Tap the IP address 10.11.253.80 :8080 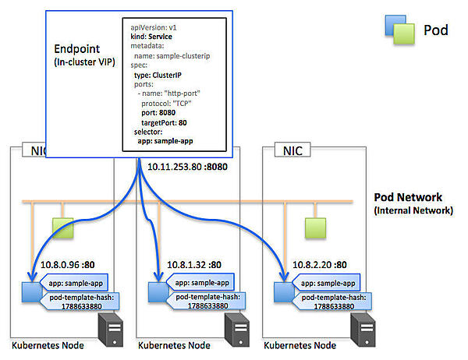(x=185, y=166)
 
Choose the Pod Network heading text (x=409, y=197)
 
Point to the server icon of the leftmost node (x=112, y=330)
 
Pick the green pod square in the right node (x=315, y=228)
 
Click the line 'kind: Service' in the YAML (x=151, y=37)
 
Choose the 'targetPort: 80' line (x=165, y=122)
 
